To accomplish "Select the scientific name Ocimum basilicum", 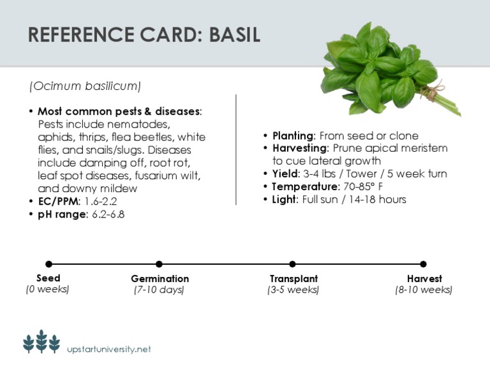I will (85, 86).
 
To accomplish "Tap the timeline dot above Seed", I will (48, 264).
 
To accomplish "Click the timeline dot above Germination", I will (159, 264).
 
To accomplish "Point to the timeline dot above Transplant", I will (292, 264).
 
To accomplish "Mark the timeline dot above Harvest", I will (423, 264).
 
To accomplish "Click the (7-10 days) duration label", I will (159, 290).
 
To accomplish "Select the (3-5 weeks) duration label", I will (293, 290).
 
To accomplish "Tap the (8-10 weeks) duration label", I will (424, 290).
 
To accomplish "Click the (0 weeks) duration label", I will (48, 290).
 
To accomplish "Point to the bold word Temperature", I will (302, 186).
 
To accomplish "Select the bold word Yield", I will (285, 174).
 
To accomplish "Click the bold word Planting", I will (293, 136).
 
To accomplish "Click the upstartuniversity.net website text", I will (109, 349).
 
